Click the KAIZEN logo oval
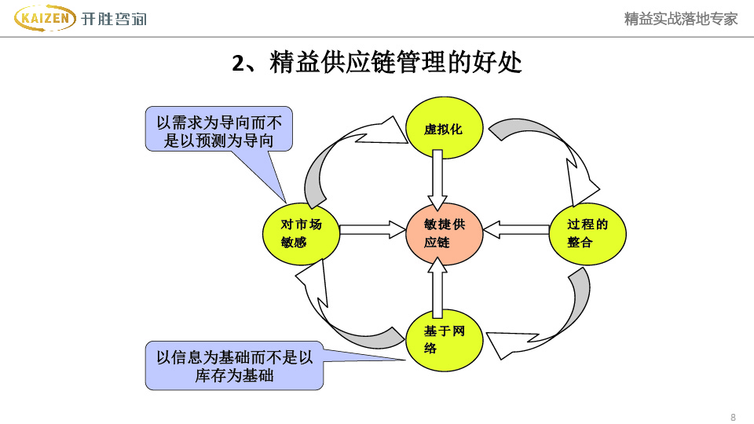46,17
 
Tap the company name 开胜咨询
114,19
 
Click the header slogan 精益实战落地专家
681,19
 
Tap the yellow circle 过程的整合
587,233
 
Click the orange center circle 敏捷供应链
444,233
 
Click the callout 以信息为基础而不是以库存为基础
234,366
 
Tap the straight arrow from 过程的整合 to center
516,229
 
